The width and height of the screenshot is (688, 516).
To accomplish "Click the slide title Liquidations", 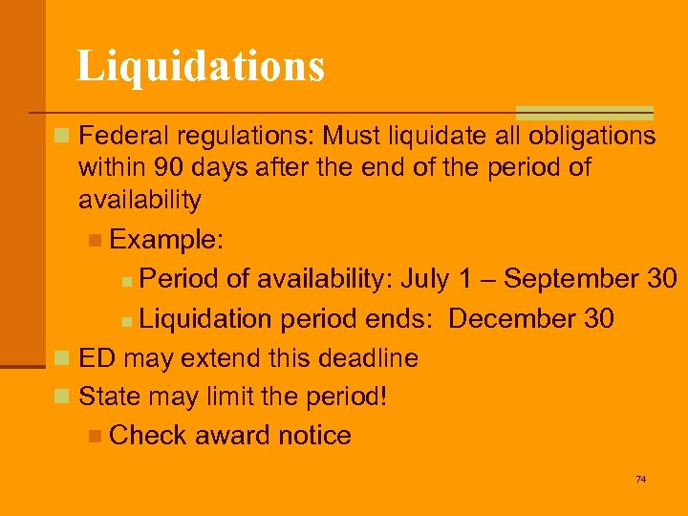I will pyautogui.click(x=201, y=66).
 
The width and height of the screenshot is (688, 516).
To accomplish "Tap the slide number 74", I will pyautogui.click(x=640, y=479).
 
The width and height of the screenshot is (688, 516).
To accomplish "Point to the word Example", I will pyautogui.click(x=155, y=239).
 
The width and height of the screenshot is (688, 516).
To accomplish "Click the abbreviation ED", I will pyautogui.click(x=97, y=358).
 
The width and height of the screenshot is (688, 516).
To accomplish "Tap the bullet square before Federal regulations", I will pyautogui.click(x=62, y=137).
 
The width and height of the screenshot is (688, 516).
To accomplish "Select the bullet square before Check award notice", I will pyautogui.click(x=94, y=437).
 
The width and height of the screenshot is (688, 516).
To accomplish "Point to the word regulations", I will pyautogui.click(x=243, y=136).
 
